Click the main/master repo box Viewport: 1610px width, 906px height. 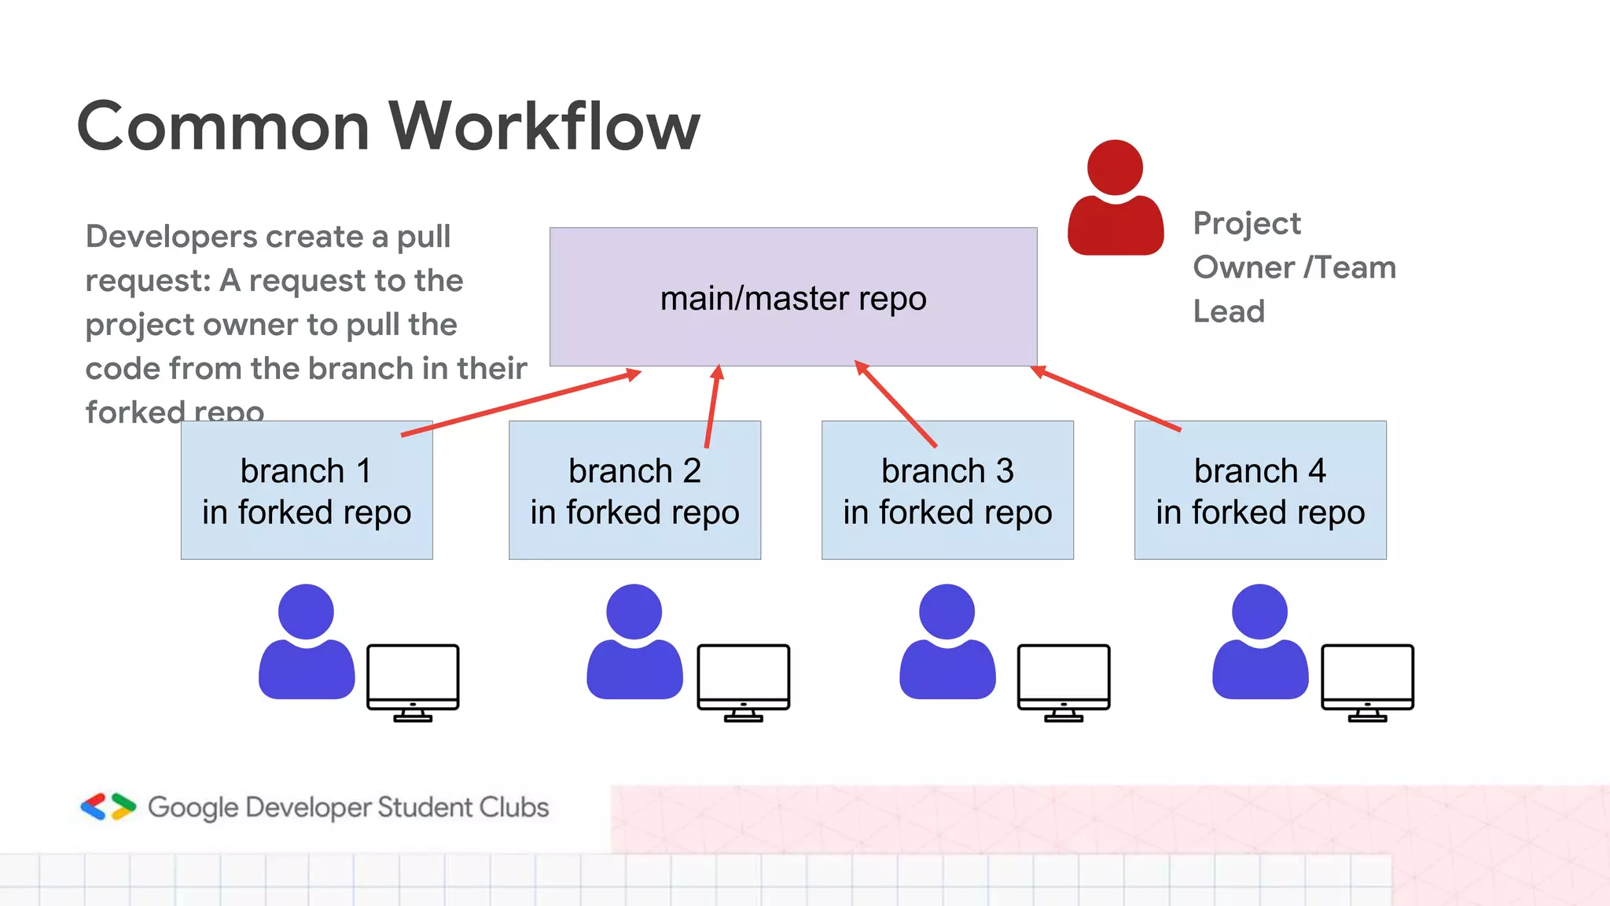point(792,297)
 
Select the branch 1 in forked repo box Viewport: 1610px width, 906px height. point(307,490)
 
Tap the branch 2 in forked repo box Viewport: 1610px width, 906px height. point(634,490)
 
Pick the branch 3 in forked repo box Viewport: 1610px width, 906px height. point(947,490)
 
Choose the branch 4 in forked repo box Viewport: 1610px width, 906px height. point(1260,490)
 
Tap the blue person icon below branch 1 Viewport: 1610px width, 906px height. point(307,643)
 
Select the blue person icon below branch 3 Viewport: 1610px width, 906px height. point(947,643)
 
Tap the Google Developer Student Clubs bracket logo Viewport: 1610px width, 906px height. point(108,807)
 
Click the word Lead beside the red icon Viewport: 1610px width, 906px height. point(1229,311)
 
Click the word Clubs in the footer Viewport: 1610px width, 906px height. point(514,807)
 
